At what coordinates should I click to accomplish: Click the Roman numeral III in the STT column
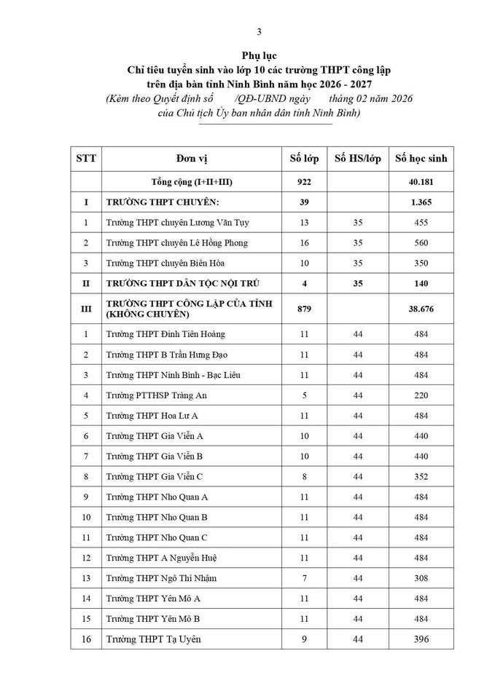coord(86,309)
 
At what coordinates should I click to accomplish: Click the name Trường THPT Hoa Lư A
coord(152,416)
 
